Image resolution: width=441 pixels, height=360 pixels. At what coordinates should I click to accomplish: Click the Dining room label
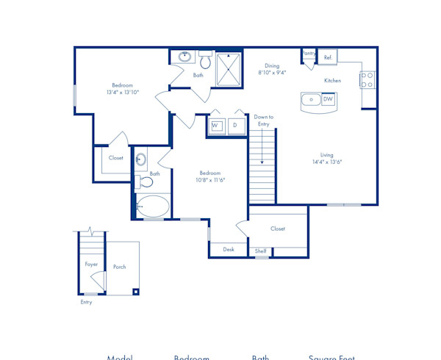click(272, 65)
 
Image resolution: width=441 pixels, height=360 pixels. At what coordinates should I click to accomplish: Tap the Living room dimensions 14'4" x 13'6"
click(326, 162)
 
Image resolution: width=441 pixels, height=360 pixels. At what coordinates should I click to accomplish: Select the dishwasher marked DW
click(328, 99)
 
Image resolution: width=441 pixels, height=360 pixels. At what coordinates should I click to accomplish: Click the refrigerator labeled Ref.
click(328, 57)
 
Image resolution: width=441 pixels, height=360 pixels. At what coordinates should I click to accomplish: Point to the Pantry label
click(309, 53)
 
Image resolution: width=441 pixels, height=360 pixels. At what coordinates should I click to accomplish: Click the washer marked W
click(216, 126)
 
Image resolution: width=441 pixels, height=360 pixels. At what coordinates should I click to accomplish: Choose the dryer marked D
click(235, 126)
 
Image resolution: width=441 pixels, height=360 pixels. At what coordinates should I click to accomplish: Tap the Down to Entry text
click(263, 120)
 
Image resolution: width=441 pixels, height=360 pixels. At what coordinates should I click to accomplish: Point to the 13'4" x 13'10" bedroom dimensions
click(123, 93)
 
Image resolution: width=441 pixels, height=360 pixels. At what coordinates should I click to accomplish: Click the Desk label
click(229, 250)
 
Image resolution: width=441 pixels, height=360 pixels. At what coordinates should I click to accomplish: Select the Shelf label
click(261, 251)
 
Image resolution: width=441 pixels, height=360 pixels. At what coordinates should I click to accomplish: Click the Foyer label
click(91, 264)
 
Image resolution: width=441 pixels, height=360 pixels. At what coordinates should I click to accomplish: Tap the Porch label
click(119, 267)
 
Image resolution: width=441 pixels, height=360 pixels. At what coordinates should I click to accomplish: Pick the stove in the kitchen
click(367, 79)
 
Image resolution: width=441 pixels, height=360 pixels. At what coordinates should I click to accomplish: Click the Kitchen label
click(332, 80)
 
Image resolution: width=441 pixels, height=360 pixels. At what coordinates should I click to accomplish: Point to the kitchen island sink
click(311, 99)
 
